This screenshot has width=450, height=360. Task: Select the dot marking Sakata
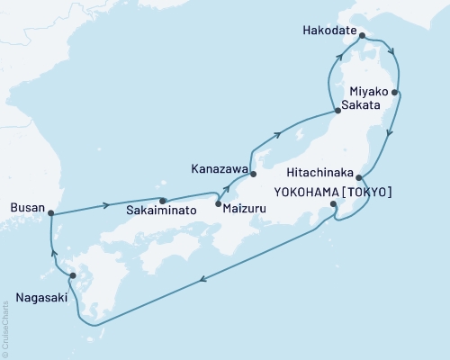click(x=337, y=111)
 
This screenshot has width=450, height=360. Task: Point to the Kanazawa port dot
click(x=253, y=174)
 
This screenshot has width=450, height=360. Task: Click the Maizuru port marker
click(x=219, y=204)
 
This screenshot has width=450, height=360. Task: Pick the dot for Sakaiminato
click(x=163, y=202)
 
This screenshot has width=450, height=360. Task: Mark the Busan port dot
click(x=51, y=213)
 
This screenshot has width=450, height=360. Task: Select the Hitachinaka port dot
click(x=359, y=177)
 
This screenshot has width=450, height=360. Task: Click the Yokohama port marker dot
click(x=334, y=205)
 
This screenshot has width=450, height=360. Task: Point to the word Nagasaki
click(x=42, y=294)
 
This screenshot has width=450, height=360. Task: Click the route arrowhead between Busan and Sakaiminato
click(x=108, y=204)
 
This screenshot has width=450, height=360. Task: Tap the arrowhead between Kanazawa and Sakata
click(x=279, y=136)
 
